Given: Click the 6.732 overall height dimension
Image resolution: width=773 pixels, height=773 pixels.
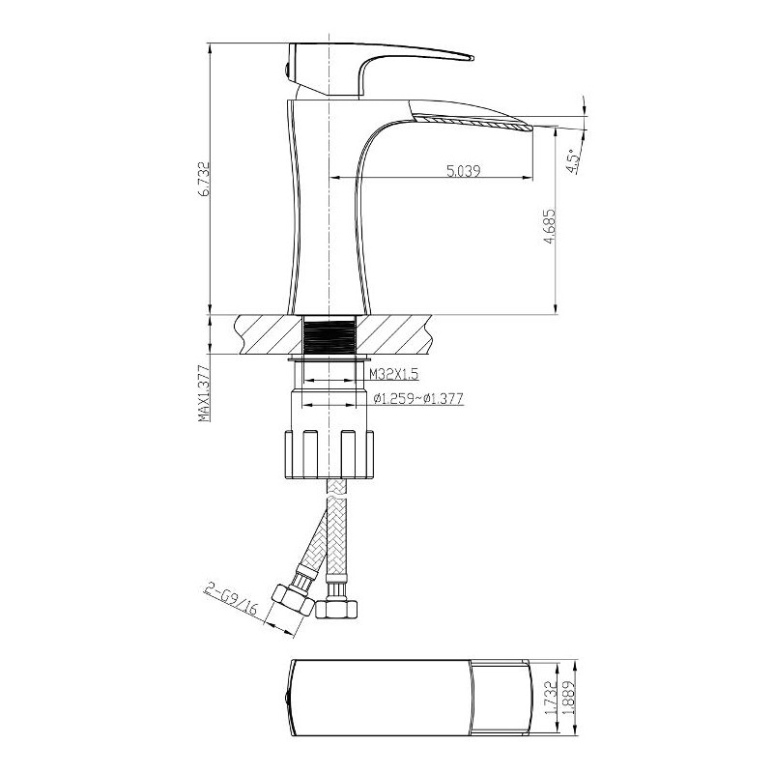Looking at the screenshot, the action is pos(205,179).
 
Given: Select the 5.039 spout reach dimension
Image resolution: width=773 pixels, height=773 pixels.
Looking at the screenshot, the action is pos(464,171).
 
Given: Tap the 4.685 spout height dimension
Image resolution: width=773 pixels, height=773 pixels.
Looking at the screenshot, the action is pos(549,226).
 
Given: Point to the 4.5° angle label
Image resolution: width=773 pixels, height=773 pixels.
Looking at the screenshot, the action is pos(572,161).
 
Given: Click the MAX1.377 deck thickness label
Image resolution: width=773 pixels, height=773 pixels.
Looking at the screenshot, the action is pos(204,393).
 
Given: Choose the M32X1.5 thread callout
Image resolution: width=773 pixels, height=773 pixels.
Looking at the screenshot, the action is pos(394,374).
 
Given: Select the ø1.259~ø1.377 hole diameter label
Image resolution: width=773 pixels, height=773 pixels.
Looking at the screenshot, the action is pos(418,398).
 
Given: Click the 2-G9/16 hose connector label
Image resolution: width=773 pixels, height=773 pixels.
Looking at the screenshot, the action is pos(232,599).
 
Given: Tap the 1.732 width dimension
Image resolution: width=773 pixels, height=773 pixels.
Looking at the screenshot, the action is pos(551,697).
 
